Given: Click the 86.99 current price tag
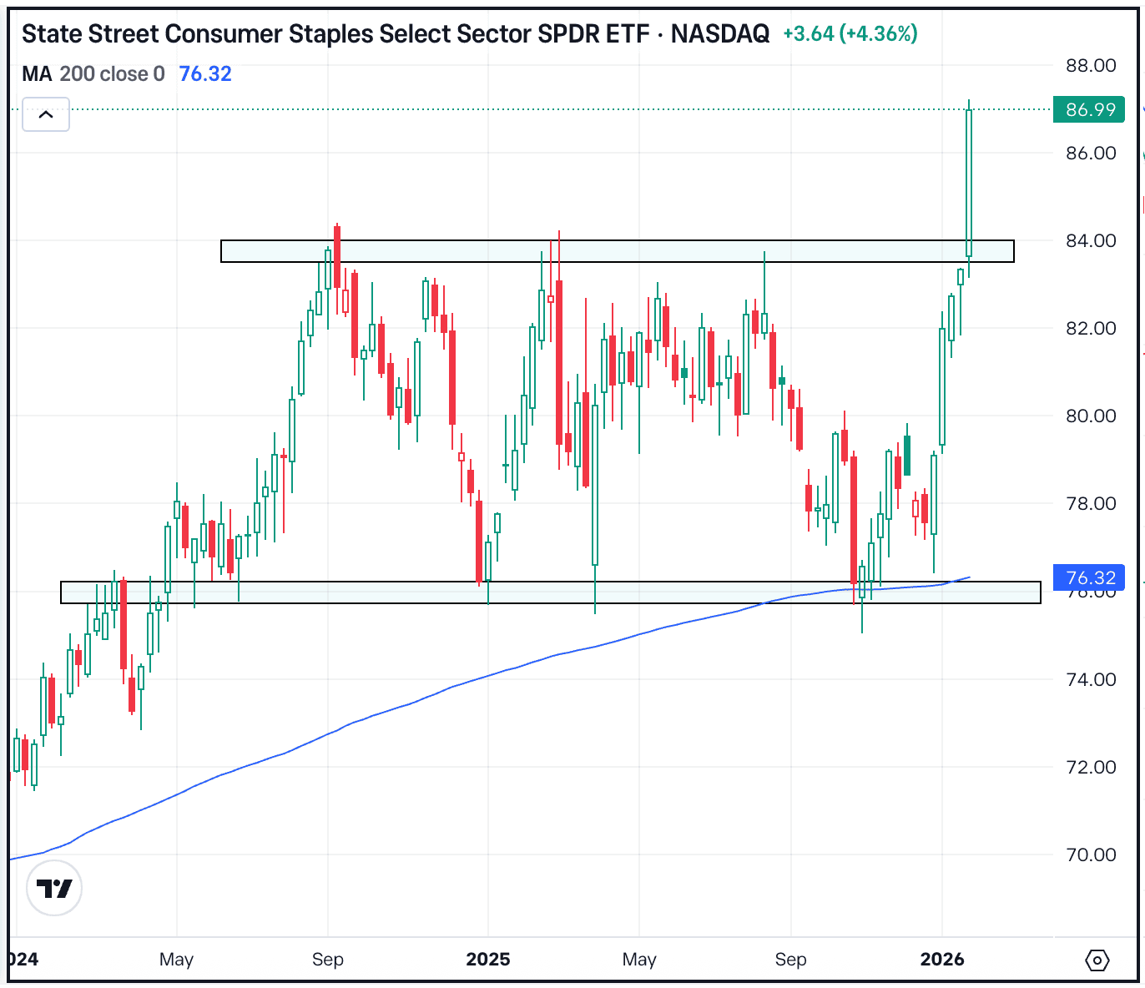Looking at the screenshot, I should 1089,110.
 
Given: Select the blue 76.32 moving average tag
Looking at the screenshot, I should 1089,577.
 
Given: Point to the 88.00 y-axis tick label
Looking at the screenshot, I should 1091,66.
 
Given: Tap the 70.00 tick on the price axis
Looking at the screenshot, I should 1091,854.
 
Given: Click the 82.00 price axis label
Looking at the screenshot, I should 1091,328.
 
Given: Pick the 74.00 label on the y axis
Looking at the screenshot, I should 1091,679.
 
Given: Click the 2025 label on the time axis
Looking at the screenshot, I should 487,959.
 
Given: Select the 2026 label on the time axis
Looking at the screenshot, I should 942,959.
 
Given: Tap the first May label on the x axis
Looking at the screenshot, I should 176,959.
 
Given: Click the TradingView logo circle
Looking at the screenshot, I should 54,889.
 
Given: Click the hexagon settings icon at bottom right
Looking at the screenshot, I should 1097,960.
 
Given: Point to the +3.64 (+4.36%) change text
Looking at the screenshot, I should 850,33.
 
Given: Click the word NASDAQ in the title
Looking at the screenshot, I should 720,33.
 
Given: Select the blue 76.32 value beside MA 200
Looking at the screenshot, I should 205,73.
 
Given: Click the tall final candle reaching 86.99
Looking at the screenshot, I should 969,184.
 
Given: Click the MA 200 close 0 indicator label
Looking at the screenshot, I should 93,73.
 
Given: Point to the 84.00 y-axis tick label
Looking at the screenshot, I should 1091,240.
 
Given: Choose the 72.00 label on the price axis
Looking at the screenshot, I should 1091,767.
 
